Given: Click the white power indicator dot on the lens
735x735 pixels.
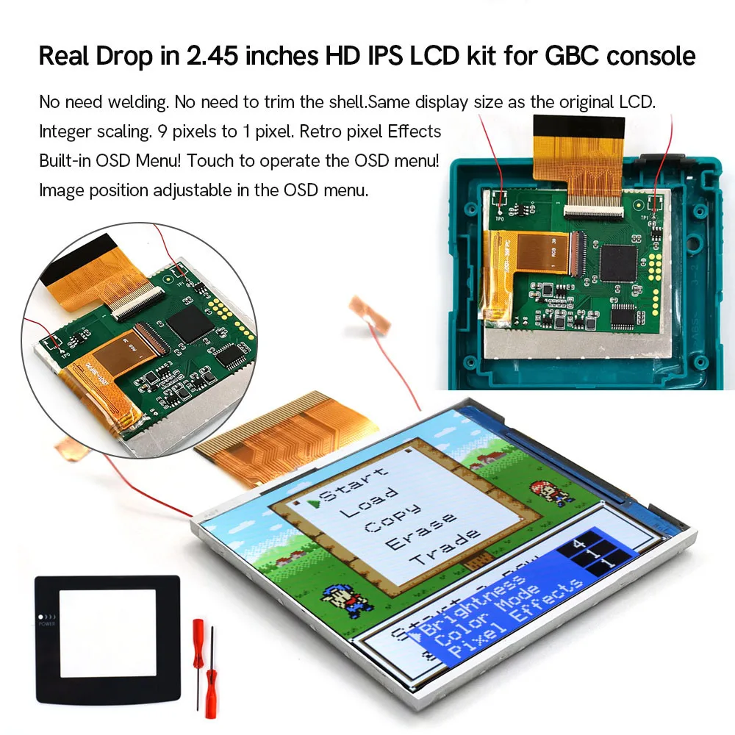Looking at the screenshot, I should tap(40, 617).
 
